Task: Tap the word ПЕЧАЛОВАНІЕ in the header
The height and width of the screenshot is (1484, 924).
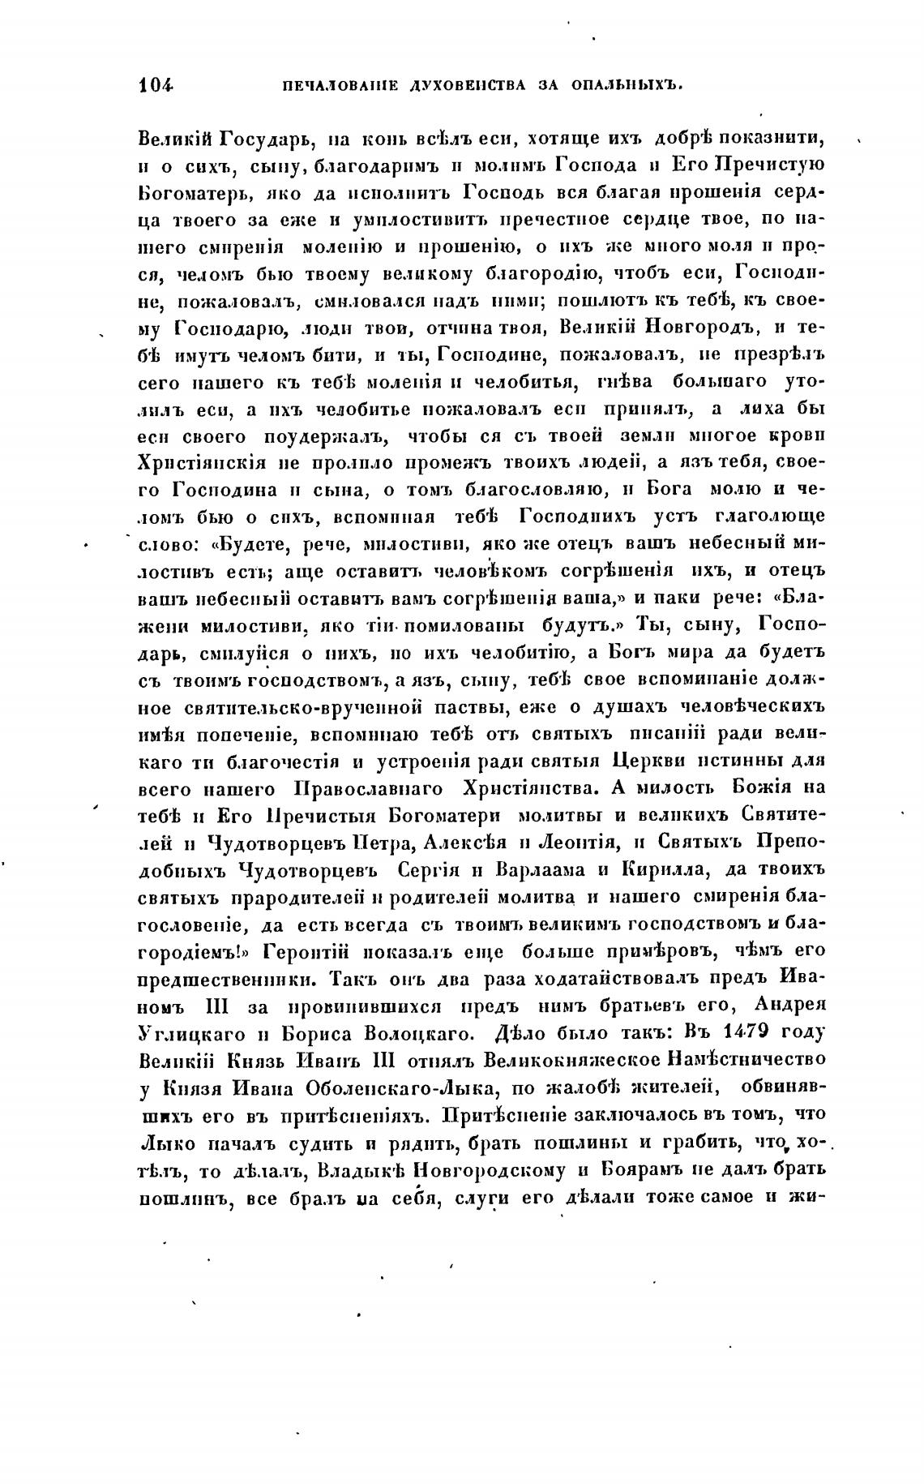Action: click(325, 84)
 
